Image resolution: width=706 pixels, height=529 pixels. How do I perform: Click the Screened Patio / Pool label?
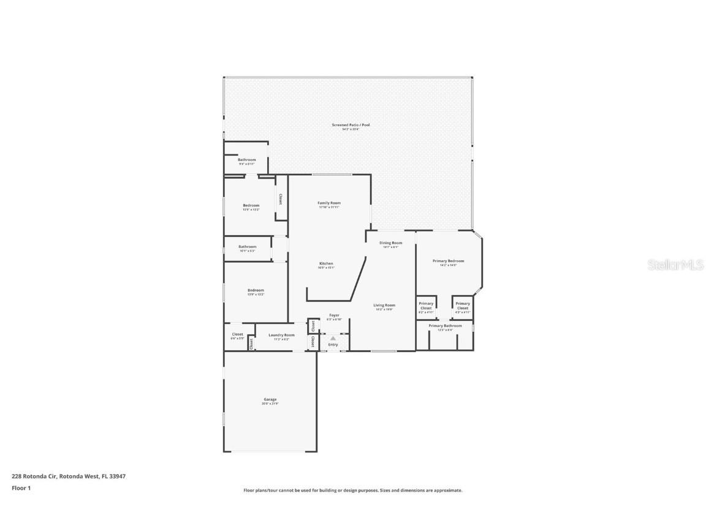[351, 125]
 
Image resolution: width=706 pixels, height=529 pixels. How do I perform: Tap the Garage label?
[270, 400]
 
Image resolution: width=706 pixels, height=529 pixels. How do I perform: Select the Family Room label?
[329, 203]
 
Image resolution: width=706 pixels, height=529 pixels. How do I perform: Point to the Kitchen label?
[325, 263]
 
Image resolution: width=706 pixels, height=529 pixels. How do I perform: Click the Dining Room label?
[390, 243]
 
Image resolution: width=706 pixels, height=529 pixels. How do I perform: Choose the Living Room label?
[385, 305]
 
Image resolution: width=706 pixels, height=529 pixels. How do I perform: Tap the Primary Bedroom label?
[449, 261]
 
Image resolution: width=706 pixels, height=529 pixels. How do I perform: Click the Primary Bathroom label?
[445, 326]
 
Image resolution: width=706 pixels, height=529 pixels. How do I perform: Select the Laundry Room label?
[281, 335]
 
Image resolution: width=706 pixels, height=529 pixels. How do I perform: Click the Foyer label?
[334, 315]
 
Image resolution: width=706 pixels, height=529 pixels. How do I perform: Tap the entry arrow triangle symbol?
[333, 338]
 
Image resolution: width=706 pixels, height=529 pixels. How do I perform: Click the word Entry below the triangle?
[333, 345]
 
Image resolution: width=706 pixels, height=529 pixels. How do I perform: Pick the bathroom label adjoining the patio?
[247, 160]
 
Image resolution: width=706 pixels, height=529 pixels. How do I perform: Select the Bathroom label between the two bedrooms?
[248, 247]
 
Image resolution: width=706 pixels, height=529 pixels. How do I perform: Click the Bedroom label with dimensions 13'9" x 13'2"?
[256, 290]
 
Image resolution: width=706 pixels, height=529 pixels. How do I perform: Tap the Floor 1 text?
[21, 488]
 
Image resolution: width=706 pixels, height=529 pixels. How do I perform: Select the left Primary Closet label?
[426, 306]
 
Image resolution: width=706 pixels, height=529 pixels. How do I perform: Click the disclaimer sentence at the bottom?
[353, 490]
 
